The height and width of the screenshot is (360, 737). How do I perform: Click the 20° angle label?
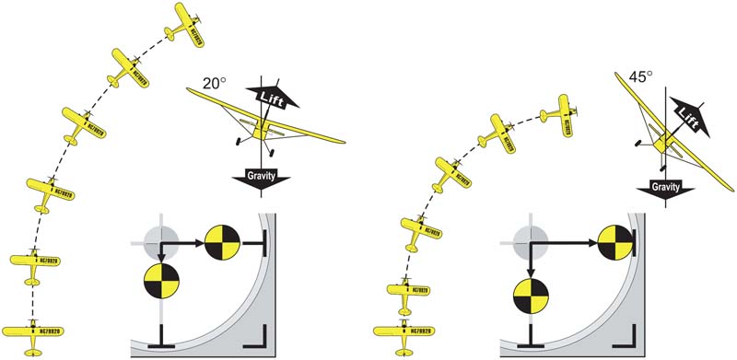214,83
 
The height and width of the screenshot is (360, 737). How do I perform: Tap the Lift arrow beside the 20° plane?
265,98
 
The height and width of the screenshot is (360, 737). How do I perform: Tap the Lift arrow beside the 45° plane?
684,112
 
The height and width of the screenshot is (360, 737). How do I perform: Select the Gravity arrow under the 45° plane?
665,188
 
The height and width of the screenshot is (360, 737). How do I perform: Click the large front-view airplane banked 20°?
263,119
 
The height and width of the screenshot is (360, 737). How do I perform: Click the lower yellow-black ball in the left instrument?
162,281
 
